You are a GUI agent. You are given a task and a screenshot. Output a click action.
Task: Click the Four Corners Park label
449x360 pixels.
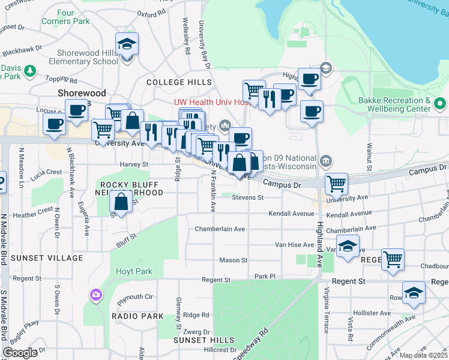click(65, 17)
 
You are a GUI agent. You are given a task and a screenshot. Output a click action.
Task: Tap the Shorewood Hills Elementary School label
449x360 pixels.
click(83, 57)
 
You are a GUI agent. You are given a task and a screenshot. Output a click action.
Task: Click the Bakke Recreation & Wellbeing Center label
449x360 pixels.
click(394, 104)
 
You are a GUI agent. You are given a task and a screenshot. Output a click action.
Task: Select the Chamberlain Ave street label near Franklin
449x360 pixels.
click(220, 229)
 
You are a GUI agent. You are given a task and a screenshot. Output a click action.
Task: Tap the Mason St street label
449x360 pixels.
click(234, 260)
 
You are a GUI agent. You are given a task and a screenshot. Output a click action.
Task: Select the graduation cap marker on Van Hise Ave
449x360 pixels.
click(348, 246)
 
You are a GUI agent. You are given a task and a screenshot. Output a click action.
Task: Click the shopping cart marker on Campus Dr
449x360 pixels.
click(336, 184)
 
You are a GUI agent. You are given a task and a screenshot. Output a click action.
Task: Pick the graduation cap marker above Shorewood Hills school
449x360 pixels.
click(127, 44)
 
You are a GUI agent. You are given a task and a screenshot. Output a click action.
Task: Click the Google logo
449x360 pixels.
click(20, 353)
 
